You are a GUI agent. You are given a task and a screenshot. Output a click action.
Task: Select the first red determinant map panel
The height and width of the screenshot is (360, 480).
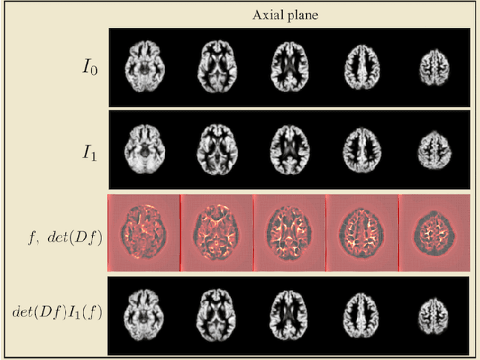coord(144,232)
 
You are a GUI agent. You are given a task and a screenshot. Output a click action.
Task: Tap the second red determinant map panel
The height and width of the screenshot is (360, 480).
coord(217,232)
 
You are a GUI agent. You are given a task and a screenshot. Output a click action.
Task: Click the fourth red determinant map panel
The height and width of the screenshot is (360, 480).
coord(362,232)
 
